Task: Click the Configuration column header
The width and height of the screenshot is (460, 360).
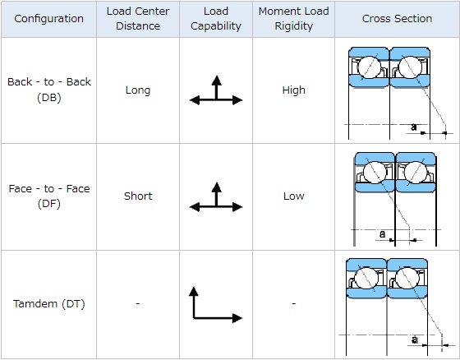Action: click(x=48, y=19)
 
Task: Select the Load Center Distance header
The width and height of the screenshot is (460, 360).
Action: click(x=138, y=19)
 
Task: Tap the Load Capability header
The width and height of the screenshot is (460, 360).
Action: click(x=216, y=19)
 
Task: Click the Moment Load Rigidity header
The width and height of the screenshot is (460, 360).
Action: click(x=294, y=19)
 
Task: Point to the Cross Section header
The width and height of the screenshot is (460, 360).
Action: click(x=397, y=19)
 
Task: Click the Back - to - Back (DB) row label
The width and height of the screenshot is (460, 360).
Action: click(x=49, y=90)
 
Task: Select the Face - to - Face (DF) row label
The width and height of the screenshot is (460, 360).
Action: click(x=49, y=196)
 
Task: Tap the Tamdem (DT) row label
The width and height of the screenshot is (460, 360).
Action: click(x=49, y=303)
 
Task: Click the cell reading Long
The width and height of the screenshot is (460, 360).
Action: click(x=138, y=90)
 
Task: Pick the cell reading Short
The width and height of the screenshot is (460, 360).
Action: click(x=138, y=196)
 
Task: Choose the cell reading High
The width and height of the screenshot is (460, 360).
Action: click(x=294, y=90)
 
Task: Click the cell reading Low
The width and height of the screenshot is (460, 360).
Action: click(x=294, y=196)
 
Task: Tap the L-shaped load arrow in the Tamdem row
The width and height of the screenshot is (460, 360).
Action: click(x=194, y=317)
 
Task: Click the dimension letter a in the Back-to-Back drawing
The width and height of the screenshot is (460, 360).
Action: click(x=414, y=127)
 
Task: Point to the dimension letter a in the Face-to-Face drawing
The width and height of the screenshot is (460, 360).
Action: click(x=382, y=234)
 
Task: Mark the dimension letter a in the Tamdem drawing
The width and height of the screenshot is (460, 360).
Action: click(x=414, y=339)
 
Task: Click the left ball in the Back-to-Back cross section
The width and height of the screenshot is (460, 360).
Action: click(x=369, y=67)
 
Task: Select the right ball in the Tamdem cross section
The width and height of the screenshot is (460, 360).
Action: click(x=407, y=279)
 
